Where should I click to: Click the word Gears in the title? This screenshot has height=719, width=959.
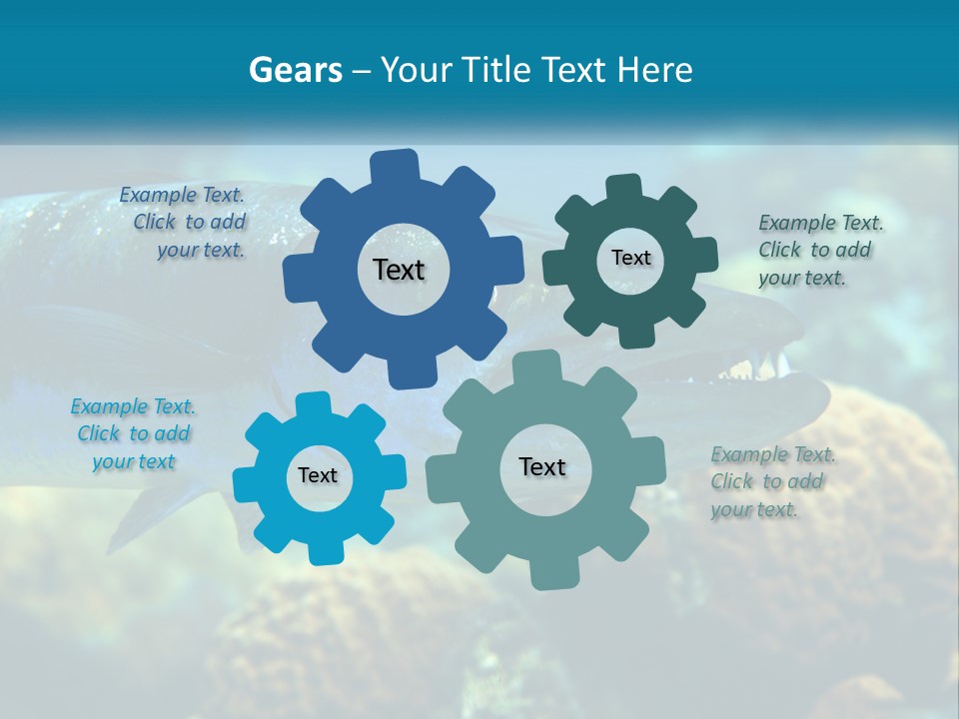click(x=295, y=70)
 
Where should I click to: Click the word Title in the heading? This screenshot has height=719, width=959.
click(x=496, y=70)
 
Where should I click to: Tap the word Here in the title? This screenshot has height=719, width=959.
click(x=655, y=70)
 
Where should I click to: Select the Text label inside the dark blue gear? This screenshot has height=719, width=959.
click(x=399, y=270)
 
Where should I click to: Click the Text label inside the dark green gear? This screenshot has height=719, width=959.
click(x=630, y=258)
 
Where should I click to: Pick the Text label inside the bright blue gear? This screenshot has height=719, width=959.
click(x=318, y=475)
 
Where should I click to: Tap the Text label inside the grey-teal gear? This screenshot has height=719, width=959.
click(x=542, y=466)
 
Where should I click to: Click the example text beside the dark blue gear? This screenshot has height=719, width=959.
click(x=186, y=223)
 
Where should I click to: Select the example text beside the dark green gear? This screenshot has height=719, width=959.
click(x=819, y=250)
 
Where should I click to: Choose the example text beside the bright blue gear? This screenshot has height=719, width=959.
click(x=134, y=433)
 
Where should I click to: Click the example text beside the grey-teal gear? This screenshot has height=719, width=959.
click(x=771, y=481)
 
